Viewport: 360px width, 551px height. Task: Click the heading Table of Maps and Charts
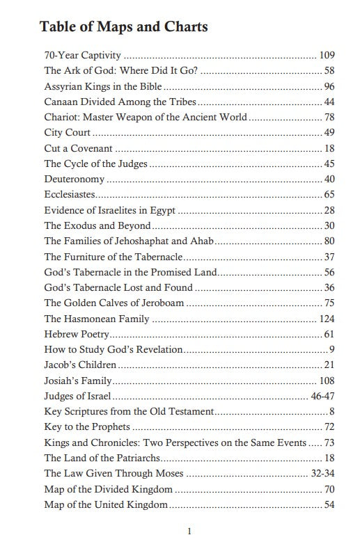123,27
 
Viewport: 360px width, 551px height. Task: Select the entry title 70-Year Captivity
83,54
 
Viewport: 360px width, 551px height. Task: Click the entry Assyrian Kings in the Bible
103,87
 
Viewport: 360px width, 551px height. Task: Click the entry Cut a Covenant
79,148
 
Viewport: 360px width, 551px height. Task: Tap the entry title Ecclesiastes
70,195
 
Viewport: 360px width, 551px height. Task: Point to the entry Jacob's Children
80,365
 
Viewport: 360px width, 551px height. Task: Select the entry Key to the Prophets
87,426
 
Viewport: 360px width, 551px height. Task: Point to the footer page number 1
189,532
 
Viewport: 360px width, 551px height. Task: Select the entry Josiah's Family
78,381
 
